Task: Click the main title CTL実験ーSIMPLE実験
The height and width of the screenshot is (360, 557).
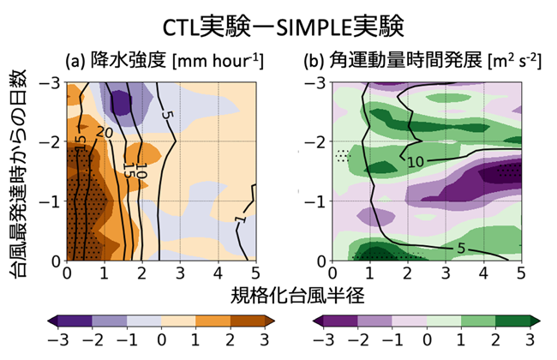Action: coord(283,27)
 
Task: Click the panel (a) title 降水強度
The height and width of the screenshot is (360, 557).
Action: coord(129,60)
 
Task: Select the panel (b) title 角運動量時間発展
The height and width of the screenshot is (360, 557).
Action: coord(405,60)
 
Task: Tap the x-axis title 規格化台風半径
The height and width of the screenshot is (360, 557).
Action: coord(297,296)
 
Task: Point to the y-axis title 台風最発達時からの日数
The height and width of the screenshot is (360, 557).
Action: coord(19,174)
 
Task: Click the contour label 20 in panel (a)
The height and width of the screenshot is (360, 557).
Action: coord(105,133)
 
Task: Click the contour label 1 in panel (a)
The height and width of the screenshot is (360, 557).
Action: coord(241,219)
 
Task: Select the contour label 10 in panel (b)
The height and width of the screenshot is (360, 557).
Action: coord(416,162)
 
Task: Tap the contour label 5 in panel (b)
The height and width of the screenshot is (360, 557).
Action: coord(461,249)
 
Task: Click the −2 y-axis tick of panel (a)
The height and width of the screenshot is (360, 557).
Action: coord(50,141)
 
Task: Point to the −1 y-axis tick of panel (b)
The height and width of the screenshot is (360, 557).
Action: coord(315,201)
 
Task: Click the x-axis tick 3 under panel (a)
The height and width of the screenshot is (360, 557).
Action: coord(180,273)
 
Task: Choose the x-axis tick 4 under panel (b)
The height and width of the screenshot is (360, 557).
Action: coord(483,273)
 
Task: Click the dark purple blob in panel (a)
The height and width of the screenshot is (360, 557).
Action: coord(120,103)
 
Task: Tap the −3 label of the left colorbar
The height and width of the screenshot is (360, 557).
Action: coord(58,339)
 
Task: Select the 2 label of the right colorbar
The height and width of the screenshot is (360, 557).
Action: coord(495,339)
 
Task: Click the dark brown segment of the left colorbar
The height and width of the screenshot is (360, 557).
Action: coord(248,321)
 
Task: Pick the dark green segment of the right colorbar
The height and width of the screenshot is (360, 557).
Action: coord(512,321)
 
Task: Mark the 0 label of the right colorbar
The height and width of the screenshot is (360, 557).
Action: coord(427,339)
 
